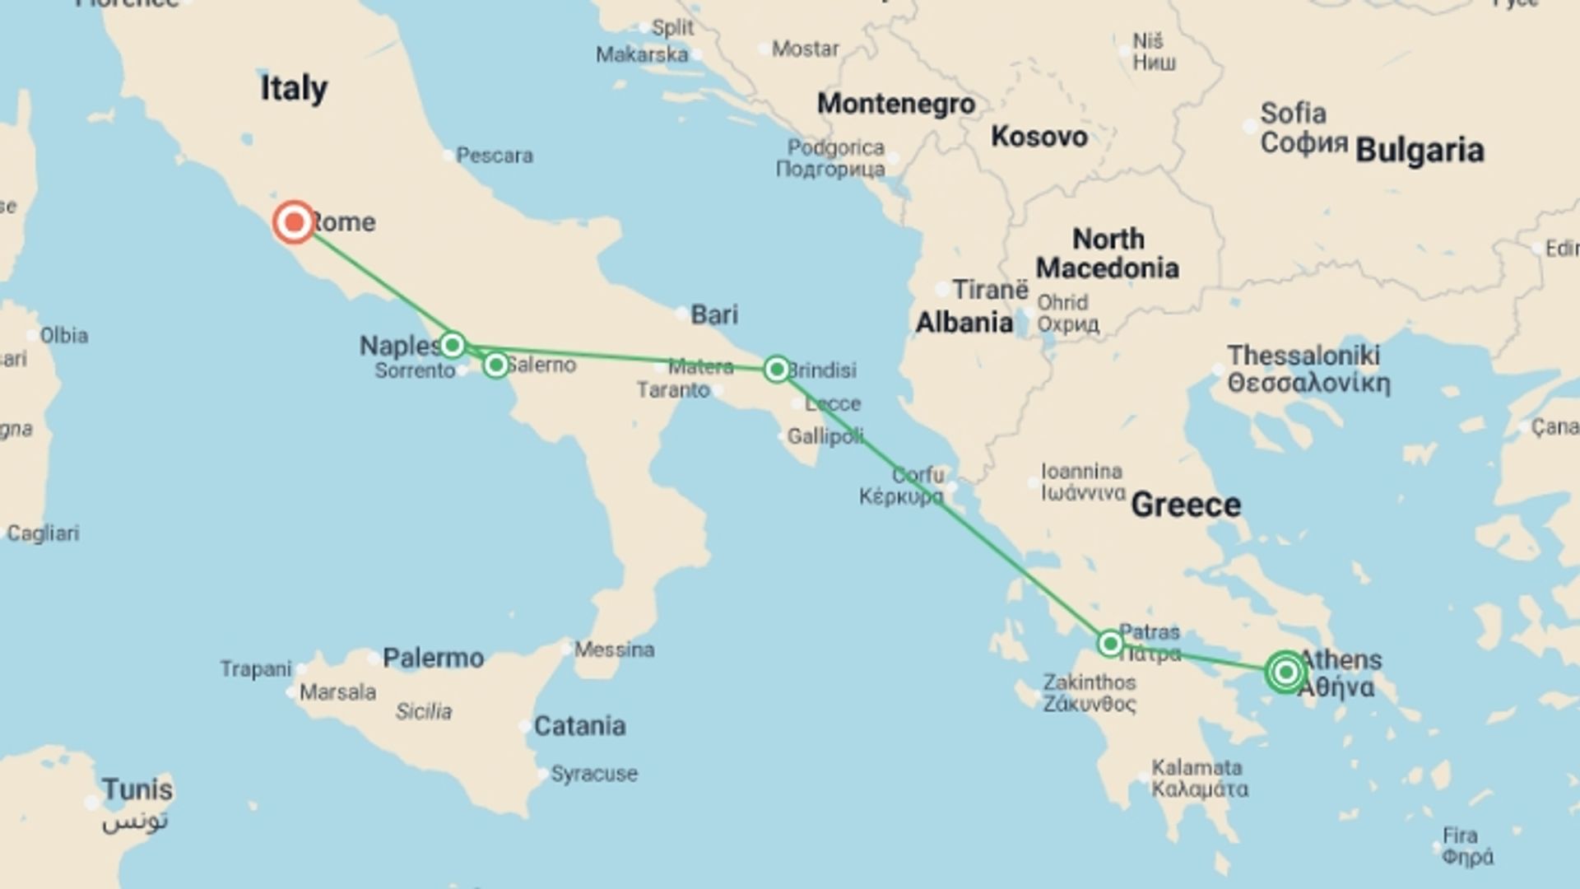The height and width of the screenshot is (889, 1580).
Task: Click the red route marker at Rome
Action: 294,222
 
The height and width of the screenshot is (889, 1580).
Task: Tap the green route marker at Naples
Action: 452,344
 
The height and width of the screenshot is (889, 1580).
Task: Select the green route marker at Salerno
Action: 495,364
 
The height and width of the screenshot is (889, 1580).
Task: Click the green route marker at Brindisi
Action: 776,369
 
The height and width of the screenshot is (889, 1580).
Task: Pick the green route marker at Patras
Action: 1110,643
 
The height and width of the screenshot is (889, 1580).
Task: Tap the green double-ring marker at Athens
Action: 1285,673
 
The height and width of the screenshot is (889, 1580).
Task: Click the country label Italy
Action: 294,88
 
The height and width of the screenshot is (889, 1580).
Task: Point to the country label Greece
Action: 1185,505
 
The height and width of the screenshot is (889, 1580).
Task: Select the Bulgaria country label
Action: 1420,151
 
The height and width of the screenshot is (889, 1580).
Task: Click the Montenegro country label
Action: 895,104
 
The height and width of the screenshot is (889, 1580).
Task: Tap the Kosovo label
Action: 1039,137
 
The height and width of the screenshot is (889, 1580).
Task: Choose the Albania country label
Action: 964,323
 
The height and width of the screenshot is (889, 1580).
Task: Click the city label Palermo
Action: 433,658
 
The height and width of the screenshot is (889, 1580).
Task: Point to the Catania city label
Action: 579,726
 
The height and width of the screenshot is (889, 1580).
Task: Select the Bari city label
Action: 713,314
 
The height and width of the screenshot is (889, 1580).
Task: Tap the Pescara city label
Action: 494,155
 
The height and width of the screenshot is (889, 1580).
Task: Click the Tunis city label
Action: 137,790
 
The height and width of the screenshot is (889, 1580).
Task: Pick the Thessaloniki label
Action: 1303,356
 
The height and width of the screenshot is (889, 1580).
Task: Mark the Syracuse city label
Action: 593,774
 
